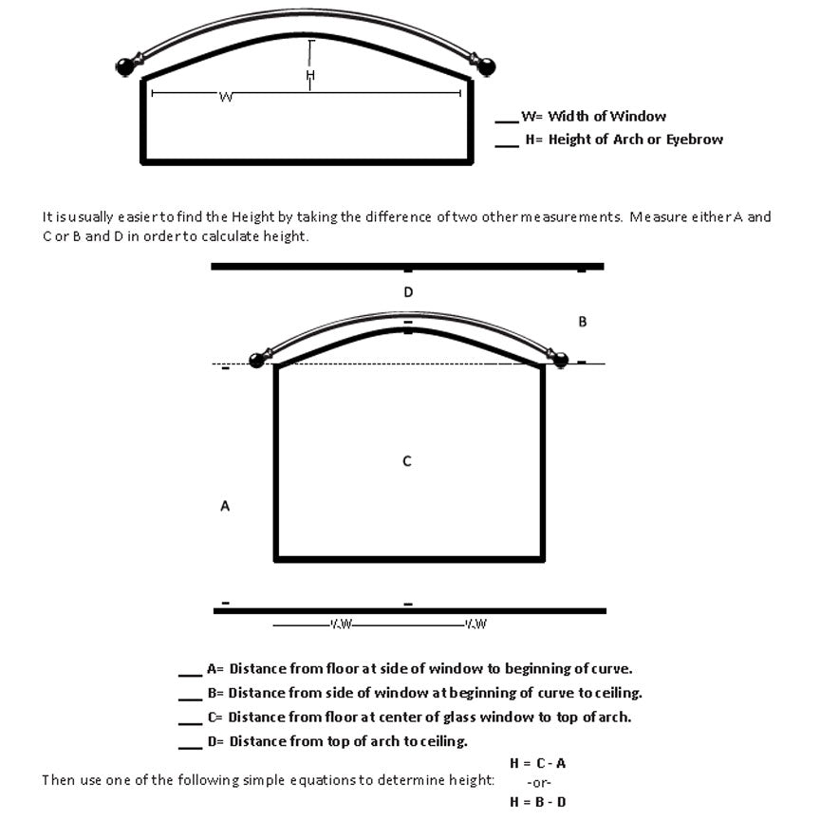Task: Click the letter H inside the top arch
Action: [x=309, y=75]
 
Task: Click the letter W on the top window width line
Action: [x=226, y=97]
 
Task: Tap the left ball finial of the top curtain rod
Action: [x=125, y=66]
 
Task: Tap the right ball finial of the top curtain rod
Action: [x=487, y=66]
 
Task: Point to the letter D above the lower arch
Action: [x=408, y=292]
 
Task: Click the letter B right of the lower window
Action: [x=583, y=322]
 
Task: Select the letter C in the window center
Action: [x=407, y=461]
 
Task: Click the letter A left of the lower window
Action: [x=225, y=507]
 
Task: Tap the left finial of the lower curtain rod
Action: [x=256, y=360]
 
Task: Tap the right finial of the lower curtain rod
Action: [x=560, y=360]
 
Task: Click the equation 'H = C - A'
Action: [x=538, y=763]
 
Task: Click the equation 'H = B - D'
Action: [x=538, y=802]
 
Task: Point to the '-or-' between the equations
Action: [x=538, y=783]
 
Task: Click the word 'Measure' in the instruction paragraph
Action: [x=655, y=217]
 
